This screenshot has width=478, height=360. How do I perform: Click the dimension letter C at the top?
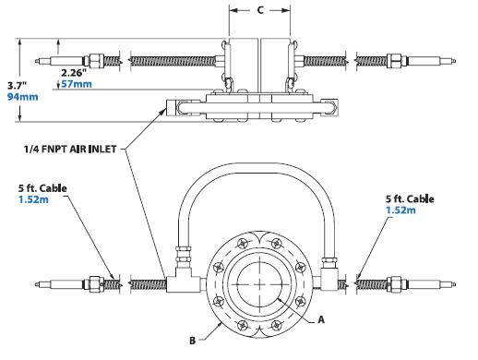tap(260, 10)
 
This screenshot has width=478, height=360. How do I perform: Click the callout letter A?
tap(321, 319)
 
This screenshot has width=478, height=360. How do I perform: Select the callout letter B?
tap(193, 341)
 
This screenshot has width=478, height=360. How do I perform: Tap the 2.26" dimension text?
tap(74, 73)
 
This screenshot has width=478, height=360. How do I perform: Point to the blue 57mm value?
tap(77, 84)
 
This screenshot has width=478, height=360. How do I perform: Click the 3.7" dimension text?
tap(18, 86)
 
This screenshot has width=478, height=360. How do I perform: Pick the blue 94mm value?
tap(23, 97)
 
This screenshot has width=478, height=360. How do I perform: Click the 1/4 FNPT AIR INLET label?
tap(70, 150)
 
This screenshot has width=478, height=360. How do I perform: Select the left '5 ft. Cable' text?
tap(42, 188)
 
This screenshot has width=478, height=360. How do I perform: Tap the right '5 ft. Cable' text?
tap(410, 198)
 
